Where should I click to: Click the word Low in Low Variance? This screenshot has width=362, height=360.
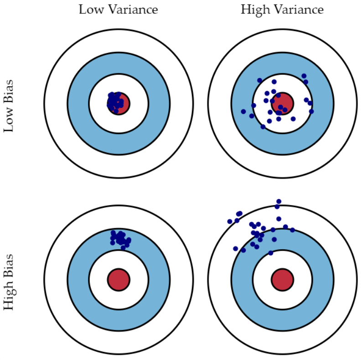pos(88,10)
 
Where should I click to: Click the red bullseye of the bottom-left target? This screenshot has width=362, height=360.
pos(119,279)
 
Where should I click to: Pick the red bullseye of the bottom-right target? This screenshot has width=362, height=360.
pos(282,279)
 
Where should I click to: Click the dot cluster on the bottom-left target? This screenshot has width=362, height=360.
pos(120,238)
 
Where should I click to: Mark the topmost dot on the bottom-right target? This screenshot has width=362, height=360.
pos(279,201)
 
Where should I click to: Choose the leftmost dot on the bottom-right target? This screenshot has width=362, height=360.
pos(230,221)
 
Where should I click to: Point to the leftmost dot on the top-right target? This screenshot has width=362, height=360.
pos(243,111)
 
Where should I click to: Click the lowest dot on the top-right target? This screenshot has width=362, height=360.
pos(263,127)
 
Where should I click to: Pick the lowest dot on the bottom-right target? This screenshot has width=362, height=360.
pos(271,253)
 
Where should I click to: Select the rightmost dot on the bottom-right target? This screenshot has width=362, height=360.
pos(292,230)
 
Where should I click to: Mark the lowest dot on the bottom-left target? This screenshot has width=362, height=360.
pos(123,248)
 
